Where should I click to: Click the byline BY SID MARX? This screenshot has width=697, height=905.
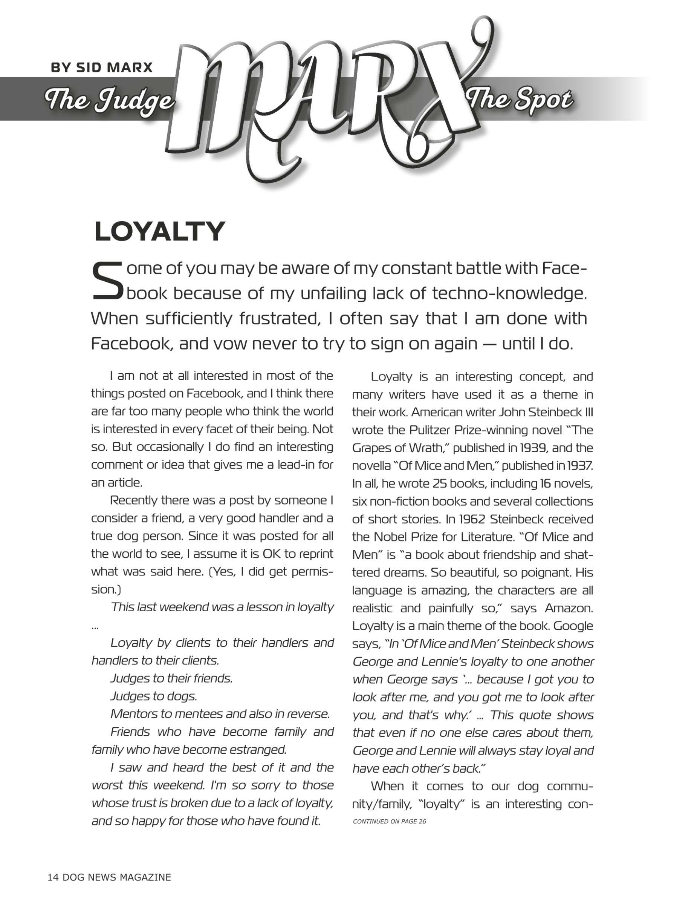102,67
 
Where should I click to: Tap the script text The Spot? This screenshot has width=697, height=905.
520,100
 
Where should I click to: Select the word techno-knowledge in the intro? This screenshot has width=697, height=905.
509,293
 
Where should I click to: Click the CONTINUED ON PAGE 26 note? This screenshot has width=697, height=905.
389,821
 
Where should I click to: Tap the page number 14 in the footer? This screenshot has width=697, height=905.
53,877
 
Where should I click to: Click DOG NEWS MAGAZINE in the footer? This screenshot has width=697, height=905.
116,877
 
